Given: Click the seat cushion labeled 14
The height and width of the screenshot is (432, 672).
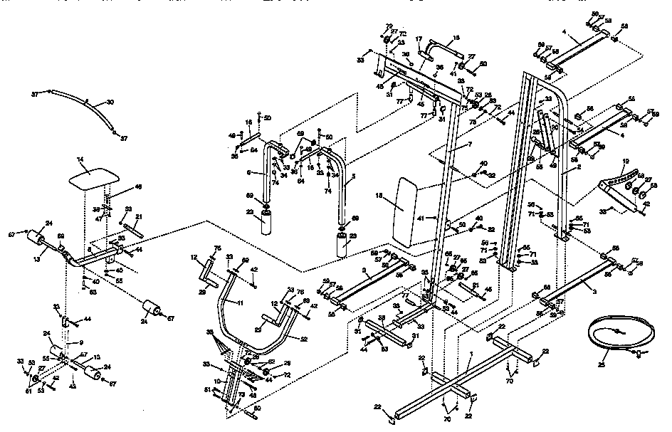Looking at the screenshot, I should pyautogui.click(x=90, y=176).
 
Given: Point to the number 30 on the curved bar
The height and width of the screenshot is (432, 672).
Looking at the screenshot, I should pyautogui.click(x=110, y=102).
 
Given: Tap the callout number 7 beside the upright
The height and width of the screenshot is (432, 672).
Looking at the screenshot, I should pyautogui.click(x=470, y=145).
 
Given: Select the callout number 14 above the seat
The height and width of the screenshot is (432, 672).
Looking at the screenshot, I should pyautogui.click(x=80, y=160).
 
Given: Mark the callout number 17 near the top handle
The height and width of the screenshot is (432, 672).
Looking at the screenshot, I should pyautogui.click(x=419, y=39).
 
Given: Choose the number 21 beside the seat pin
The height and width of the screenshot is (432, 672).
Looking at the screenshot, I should pyautogui.click(x=140, y=216).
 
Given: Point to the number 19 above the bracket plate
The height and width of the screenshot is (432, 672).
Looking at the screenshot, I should pyautogui.click(x=626, y=161).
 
